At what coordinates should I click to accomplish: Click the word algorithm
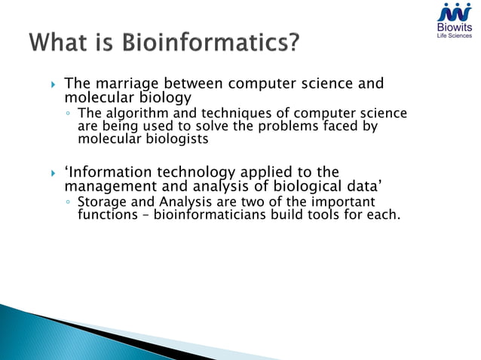point(134,114)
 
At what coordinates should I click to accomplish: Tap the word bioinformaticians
point(212,215)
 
